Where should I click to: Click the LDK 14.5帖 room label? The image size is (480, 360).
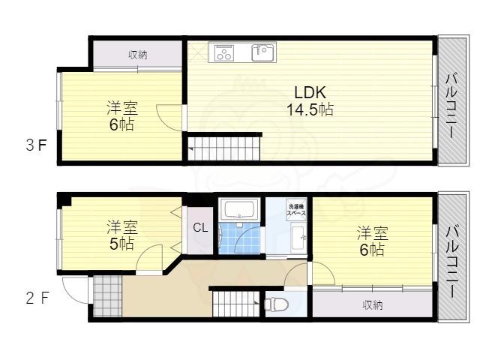coord(310,100)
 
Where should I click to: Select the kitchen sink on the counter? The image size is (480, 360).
coord(263,52)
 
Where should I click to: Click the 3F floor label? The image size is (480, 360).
coord(35,145)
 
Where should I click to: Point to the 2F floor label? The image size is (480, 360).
coord(37,298)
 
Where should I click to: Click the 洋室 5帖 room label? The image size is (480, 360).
coord(121,235)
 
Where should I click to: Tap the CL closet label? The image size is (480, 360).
coord(200,228)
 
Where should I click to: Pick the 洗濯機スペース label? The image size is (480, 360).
coord(296,211)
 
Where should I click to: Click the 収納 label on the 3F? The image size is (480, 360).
coord(136,54)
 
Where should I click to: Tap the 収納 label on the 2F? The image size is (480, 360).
coord(373,304)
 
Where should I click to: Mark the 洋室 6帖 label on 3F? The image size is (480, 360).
coord(121,116)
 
